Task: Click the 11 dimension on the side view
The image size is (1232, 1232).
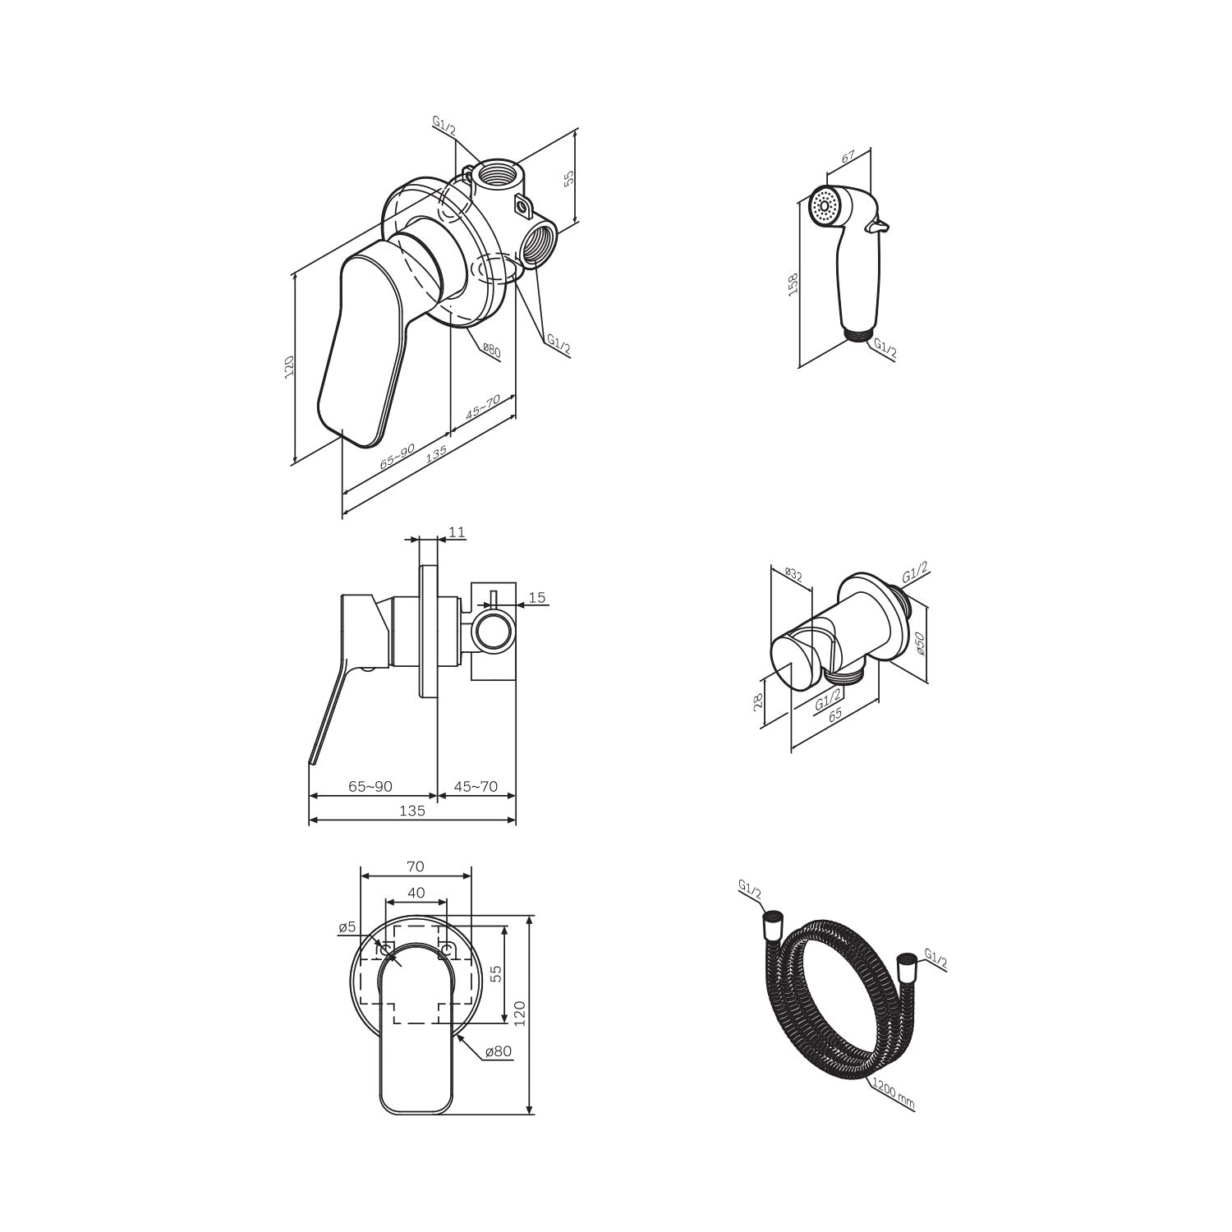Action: [x=457, y=532]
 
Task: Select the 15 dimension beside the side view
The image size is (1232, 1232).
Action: [x=537, y=598]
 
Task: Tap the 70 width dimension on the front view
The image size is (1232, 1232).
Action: [x=416, y=866]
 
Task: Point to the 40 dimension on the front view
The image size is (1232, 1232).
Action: [x=416, y=892]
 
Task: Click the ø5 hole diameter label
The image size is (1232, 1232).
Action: [x=347, y=927]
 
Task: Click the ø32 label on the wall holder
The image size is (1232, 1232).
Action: [x=793, y=573]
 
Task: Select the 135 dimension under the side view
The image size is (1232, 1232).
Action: [x=412, y=811]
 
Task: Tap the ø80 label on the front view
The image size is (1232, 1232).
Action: [x=499, y=1051]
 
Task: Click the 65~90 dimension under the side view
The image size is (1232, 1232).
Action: [x=370, y=786]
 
